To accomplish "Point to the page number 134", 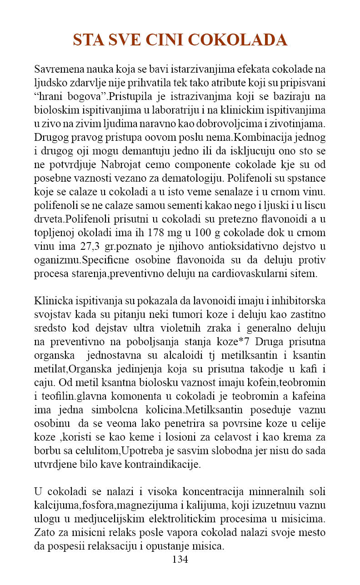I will pyautogui.click(x=180, y=559).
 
